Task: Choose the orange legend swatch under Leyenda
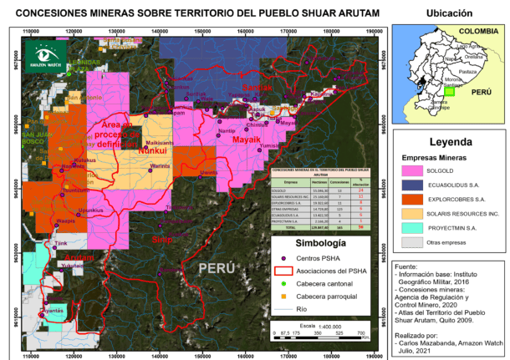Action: (x=413, y=200)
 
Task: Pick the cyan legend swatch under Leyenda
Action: (x=413, y=228)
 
